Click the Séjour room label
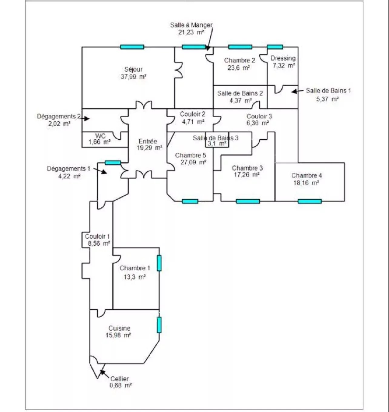tap(133, 69)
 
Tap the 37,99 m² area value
tap(133, 77)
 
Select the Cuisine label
tap(119, 328)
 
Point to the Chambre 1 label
tap(135, 268)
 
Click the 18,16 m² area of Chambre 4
tap(306, 183)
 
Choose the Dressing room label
tap(283, 58)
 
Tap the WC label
tap(100, 136)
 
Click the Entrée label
tap(148, 141)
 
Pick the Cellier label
tap(119, 379)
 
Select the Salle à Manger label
tap(191, 25)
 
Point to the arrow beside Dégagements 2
tap(85, 118)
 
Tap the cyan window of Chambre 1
tap(159, 263)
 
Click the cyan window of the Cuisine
tap(159, 325)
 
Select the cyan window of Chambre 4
tap(310, 201)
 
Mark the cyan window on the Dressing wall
tap(275, 47)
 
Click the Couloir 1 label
tap(98, 237)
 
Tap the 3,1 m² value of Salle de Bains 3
tap(217, 143)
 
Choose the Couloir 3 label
tap(259, 116)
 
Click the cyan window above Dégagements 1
tap(113, 163)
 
